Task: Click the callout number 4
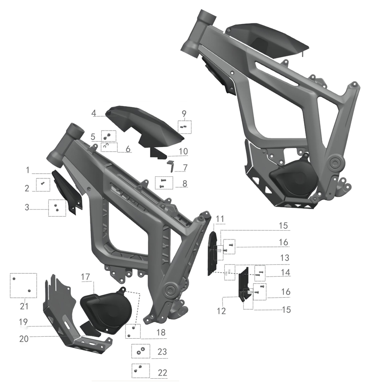click(93, 113)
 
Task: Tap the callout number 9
click(184, 114)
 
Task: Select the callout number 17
click(86, 277)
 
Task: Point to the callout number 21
click(24, 306)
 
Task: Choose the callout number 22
click(162, 372)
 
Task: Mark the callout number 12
click(221, 311)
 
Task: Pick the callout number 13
click(284, 257)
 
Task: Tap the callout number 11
click(219, 218)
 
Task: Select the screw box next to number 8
click(163, 183)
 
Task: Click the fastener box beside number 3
click(57, 208)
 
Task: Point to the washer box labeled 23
click(140, 351)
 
